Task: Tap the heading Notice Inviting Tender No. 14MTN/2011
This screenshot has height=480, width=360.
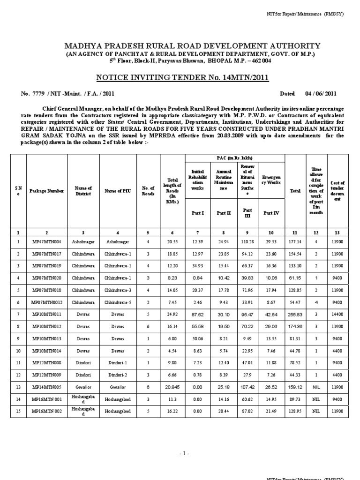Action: pos(182,77)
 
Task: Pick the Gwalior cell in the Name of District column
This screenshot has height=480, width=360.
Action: pos(82,387)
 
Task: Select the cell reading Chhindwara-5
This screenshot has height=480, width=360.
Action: pos(118,302)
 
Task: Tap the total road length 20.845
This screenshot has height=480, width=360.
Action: pos(172,387)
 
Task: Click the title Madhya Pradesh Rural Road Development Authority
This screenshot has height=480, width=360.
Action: pos(192,46)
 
